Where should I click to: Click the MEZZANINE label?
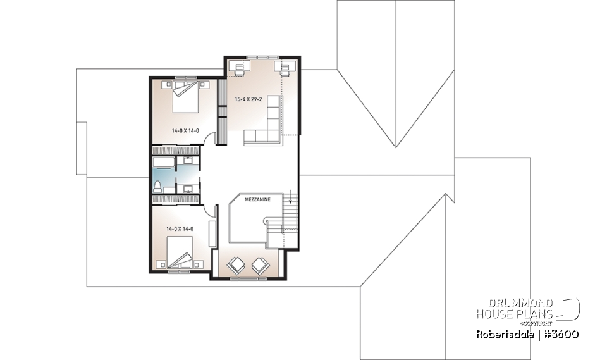257,199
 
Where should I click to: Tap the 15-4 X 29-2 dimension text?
248,99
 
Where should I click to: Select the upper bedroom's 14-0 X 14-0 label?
185,131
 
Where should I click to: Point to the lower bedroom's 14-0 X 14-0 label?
180,229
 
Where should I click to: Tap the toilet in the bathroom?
157,186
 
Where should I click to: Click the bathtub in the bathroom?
164,162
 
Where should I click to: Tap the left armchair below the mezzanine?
235,266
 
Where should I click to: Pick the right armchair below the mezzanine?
260,266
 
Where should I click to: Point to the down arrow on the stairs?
290,201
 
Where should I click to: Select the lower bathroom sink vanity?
188,188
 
